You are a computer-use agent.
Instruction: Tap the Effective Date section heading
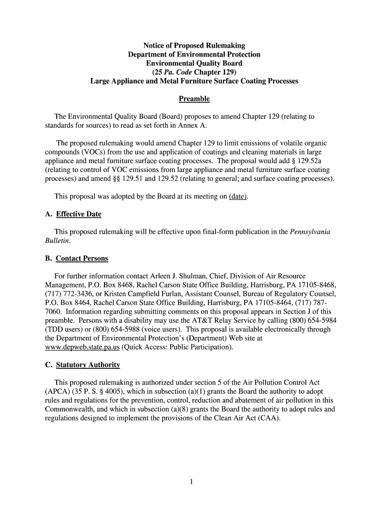click(78, 214)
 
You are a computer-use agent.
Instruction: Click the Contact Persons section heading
click(82, 258)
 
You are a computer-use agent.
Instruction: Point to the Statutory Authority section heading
click(88, 365)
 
